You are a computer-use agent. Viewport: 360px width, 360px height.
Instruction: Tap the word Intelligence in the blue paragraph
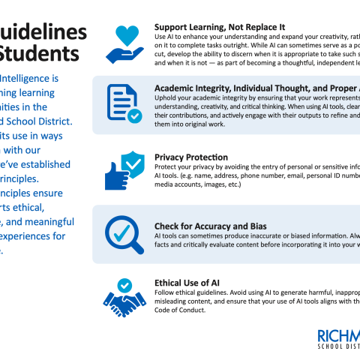point(32,78)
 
